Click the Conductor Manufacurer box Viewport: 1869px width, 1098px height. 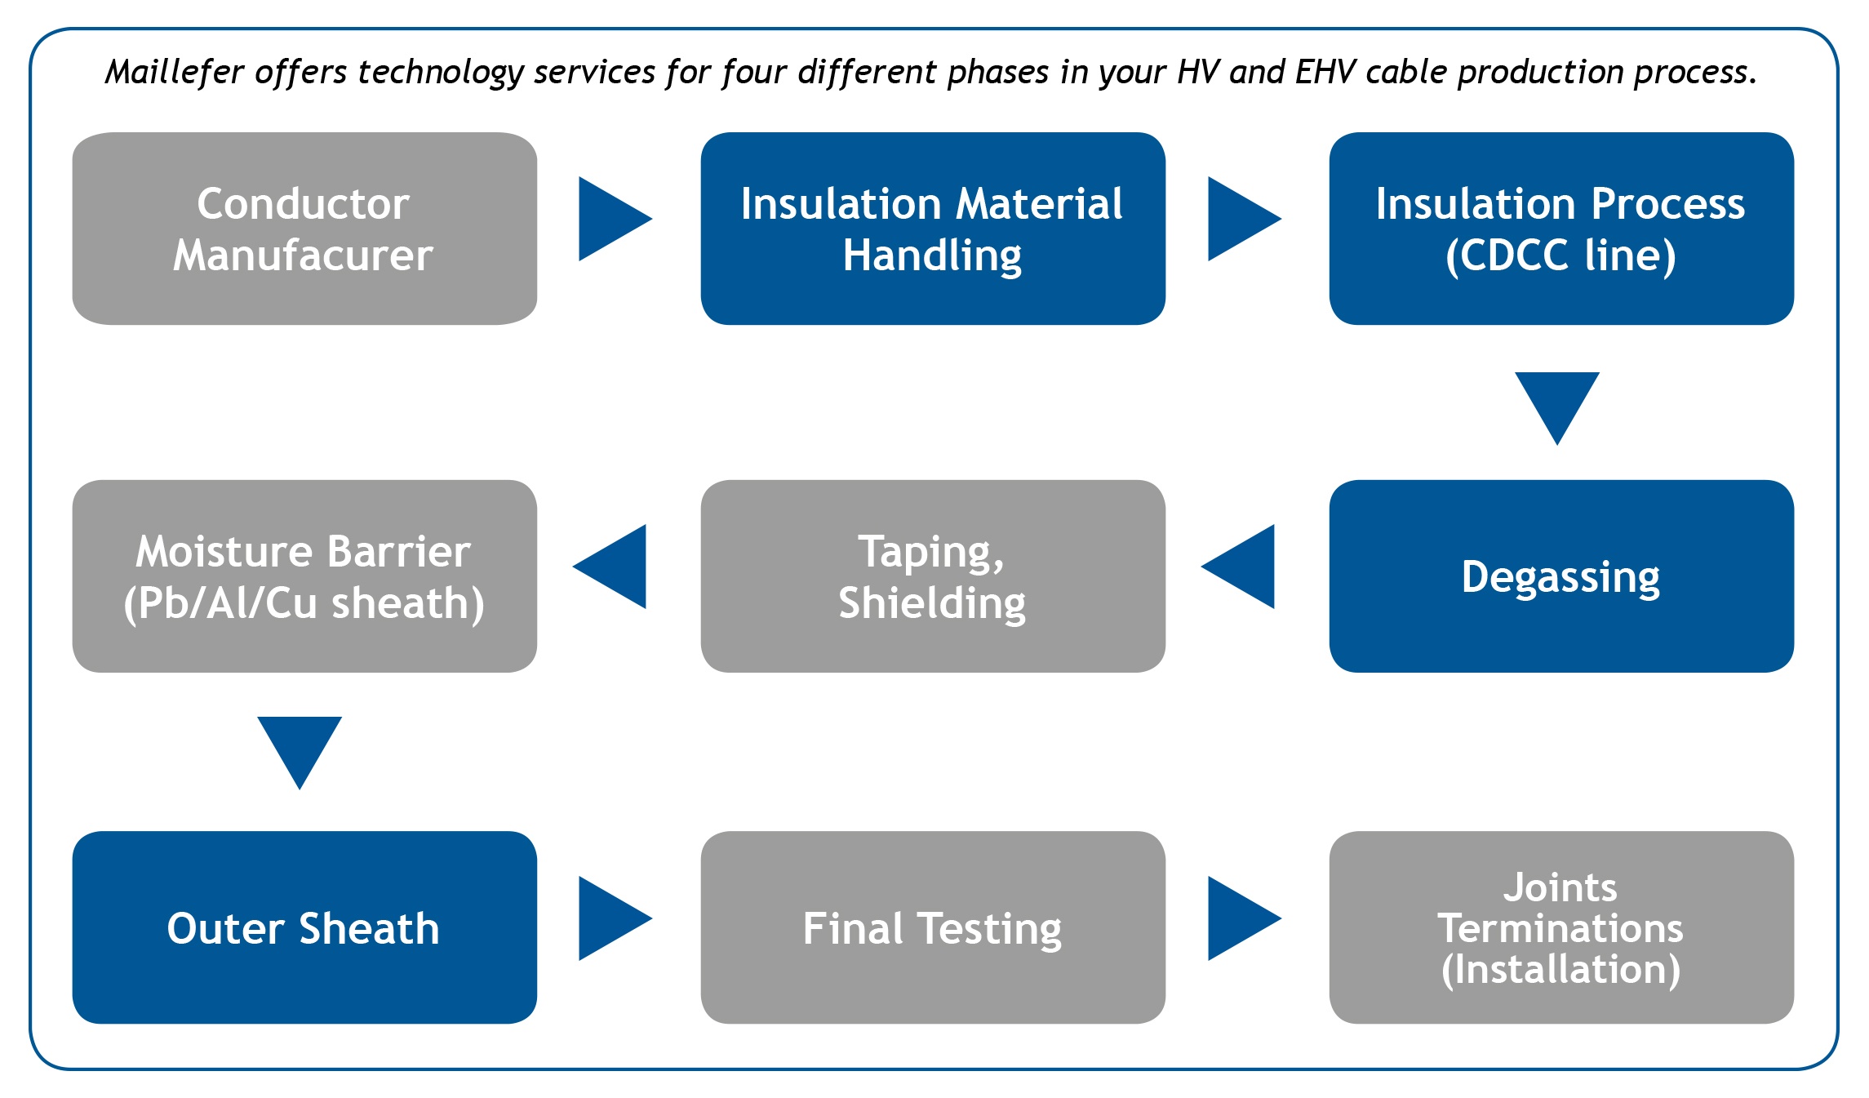(x=304, y=229)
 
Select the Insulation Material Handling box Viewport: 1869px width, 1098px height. (x=932, y=229)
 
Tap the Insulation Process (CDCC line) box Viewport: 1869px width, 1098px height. (x=1560, y=229)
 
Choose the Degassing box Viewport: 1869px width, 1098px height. (x=1560, y=576)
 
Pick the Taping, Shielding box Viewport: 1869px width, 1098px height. (x=932, y=576)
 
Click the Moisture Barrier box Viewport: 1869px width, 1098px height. (x=304, y=576)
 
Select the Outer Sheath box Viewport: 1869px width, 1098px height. (x=304, y=927)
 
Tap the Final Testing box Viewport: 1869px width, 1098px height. (x=932, y=927)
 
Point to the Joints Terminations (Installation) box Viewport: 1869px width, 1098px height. (x=1560, y=927)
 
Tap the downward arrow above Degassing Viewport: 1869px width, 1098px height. (x=1557, y=402)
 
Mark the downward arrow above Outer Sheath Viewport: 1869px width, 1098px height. (x=300, y=746)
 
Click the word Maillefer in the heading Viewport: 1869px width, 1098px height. (x=175, y=72)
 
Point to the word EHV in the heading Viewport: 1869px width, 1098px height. (x=1325, y=72)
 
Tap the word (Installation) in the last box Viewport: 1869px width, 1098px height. (x=1560, y=970)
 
